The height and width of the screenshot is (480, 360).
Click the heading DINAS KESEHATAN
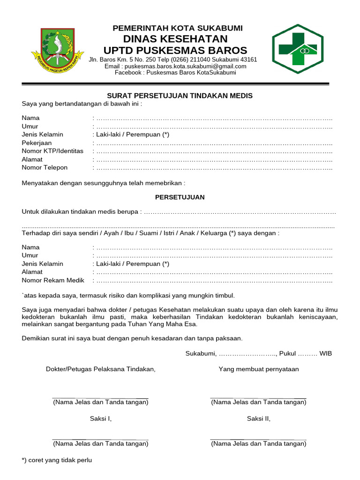175,39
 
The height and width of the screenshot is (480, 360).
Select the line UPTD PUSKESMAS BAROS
175,50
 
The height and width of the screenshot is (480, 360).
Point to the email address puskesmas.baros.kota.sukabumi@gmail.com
175,66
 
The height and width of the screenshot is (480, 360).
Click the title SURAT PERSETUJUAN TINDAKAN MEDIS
180,96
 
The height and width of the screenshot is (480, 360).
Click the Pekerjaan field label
37,142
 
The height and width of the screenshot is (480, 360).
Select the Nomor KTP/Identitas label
52,151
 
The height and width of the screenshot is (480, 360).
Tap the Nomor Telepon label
45,167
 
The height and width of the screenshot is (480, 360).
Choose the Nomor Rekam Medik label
53,280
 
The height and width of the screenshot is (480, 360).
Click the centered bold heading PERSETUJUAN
180,197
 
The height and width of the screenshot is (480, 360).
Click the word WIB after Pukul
326,353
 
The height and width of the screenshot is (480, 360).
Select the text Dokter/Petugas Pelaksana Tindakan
100,369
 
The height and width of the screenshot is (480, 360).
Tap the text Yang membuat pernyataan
258,369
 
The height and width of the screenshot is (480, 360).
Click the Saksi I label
100,419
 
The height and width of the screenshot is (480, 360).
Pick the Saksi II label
258,419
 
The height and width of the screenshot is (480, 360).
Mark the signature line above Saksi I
100,398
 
